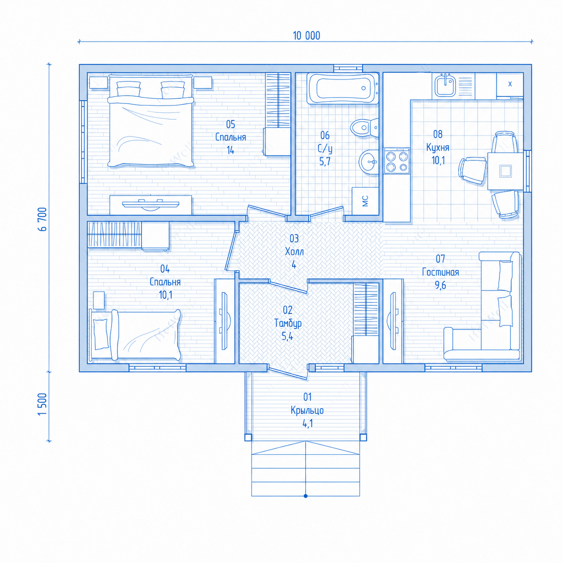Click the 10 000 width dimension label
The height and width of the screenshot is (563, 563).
(x=306, y=35)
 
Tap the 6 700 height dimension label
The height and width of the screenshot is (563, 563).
(x=42, y=219)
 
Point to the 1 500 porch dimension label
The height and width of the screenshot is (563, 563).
(x=42, y=404)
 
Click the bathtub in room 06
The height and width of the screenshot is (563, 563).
(x=343, y=88)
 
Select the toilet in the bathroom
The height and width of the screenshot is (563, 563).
(x=364, y=128)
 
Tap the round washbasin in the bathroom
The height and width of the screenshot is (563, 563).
(x=369, y=162)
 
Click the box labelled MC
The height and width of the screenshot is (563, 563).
(x=365, y=201)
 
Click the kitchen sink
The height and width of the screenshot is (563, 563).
(x=445, y=86)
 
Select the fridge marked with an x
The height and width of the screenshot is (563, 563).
(x=510, y=85)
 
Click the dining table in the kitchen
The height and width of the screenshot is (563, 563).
(x=505, y=171)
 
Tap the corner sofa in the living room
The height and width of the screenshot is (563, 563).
(x=482, y=306)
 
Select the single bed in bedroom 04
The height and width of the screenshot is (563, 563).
(x=135, y=335)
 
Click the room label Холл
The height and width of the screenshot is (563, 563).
(x=294, y=251)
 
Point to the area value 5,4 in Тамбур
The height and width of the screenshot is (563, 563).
(x=287, y=337)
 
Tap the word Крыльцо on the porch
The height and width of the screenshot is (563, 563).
(x=307, y=410)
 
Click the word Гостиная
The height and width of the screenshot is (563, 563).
(x=440, y=273)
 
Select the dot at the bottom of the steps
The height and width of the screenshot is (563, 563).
(x=306, y=496)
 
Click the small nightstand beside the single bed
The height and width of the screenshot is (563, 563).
(x=99, y=300)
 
